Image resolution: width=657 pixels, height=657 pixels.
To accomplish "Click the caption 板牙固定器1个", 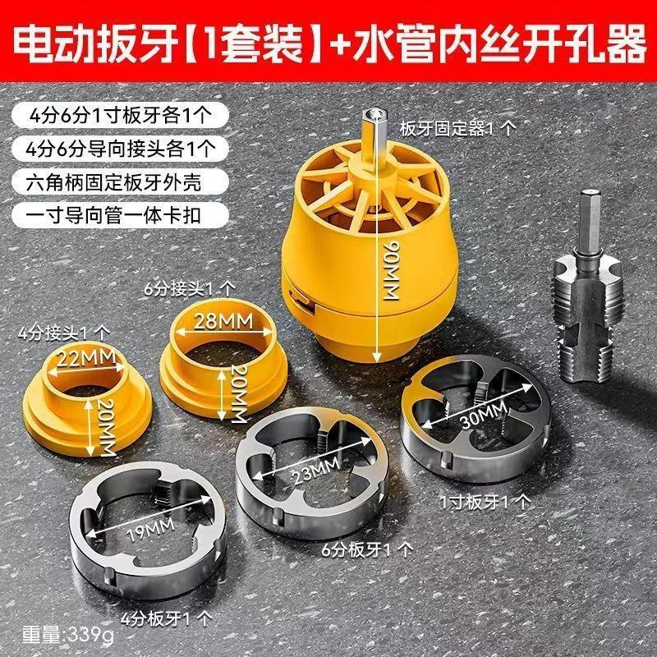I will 457,129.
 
